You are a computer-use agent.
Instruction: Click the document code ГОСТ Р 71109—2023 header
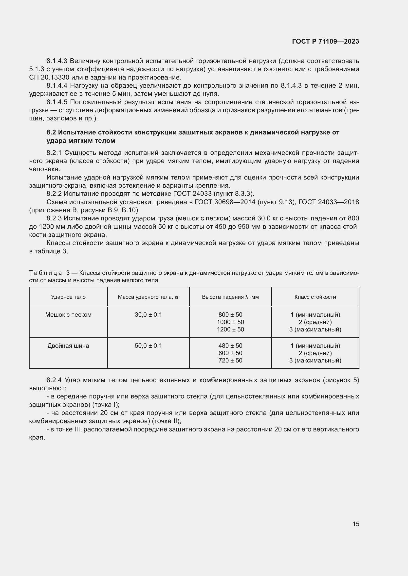click(325, 42)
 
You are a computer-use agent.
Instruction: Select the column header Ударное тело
click(68, 297)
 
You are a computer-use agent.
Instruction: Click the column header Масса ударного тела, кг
click(148, 297)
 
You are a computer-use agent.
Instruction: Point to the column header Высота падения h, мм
click(230, 297)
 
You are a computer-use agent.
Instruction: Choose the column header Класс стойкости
click(315, 297)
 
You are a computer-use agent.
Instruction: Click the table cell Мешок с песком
click(68, 314)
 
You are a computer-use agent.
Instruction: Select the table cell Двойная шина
click(68, 346)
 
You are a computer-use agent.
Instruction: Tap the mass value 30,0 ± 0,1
click(148, 314)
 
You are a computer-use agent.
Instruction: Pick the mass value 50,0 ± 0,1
click(148, 346)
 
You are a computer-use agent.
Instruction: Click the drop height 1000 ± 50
click(230, 322)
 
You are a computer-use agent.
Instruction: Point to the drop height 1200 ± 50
click(230, 329)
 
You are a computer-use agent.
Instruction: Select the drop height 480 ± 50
click(230, 346)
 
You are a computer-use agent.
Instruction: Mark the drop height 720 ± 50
click(230, 361)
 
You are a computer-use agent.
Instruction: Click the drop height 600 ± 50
click(230, 353)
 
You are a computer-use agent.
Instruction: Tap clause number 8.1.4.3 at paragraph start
click(57, 61)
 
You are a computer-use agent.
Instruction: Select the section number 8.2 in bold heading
click(51, 132)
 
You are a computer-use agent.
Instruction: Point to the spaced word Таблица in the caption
click(45, 273)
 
